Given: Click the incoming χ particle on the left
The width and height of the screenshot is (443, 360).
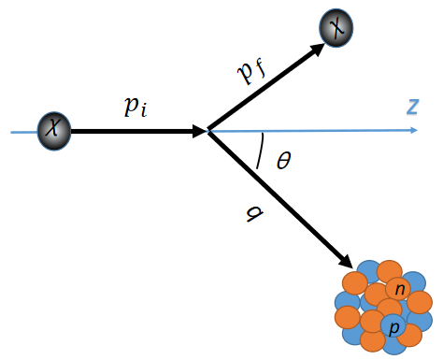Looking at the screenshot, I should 53,132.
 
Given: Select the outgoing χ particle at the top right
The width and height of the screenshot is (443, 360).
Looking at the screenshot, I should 336,29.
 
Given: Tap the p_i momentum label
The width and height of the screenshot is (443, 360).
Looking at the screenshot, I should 136,105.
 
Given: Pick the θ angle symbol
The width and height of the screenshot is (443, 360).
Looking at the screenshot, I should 283,160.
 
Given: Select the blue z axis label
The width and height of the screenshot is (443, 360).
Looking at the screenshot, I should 412,107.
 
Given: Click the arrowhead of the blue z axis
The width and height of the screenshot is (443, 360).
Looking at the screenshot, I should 412,132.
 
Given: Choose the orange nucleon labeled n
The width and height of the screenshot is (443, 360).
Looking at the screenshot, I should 400,290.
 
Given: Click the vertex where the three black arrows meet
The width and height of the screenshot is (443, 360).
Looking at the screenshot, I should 207,132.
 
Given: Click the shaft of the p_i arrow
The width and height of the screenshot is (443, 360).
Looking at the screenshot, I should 131,132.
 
